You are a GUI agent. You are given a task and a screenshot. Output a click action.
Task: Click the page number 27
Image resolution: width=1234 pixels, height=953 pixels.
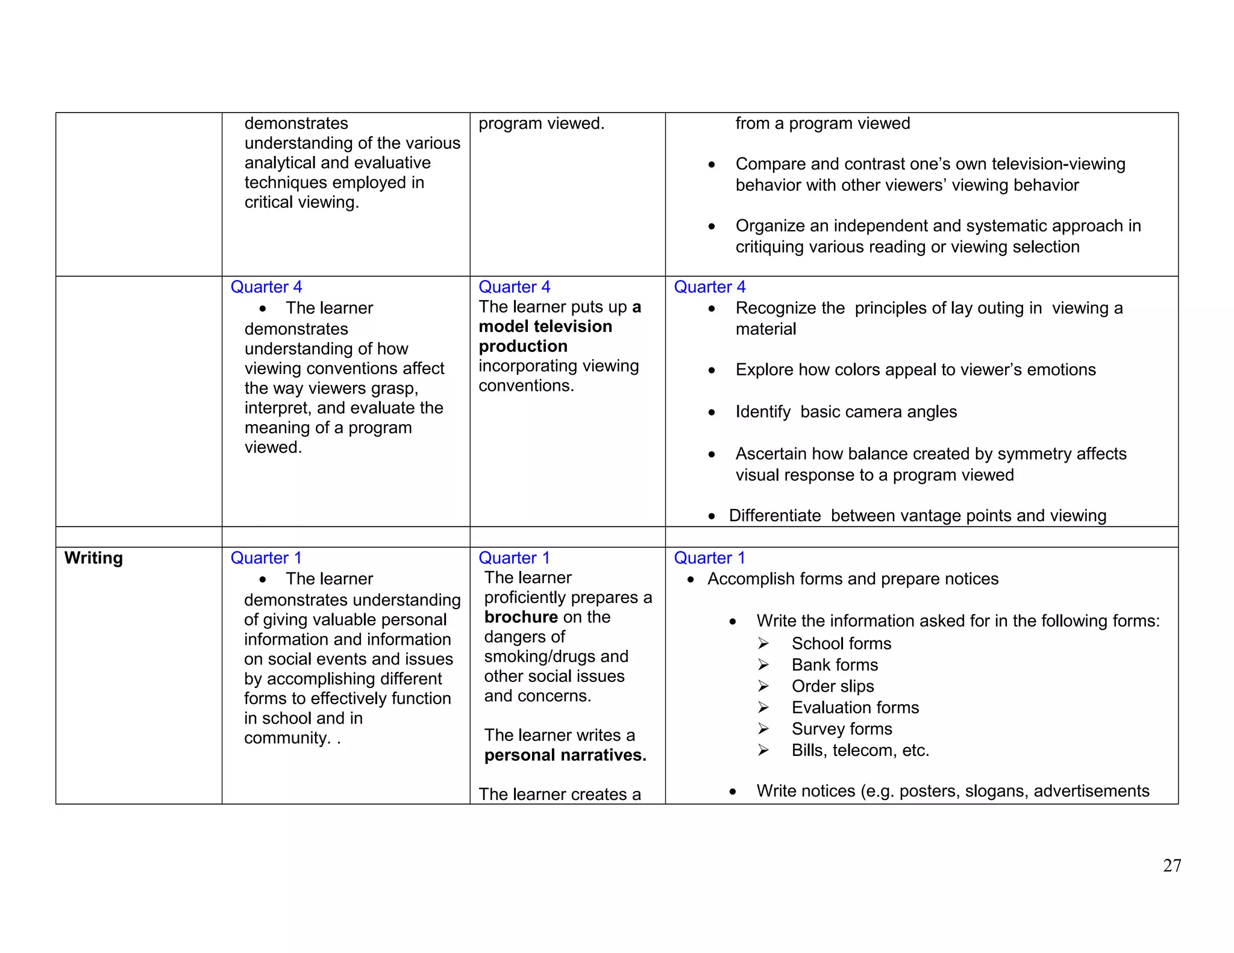coord(1171,866)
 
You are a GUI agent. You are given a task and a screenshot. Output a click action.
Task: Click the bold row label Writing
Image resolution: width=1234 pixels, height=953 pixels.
coord(93,558)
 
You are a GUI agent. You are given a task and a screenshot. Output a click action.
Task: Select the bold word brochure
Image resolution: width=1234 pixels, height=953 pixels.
coord(521,617)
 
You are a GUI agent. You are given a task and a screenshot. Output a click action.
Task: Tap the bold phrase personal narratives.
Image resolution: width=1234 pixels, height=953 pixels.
coord(565,755)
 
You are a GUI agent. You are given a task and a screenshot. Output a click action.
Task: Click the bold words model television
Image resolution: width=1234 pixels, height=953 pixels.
coord(545,327)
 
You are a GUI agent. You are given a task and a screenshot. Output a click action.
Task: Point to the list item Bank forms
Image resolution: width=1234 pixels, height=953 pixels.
coord(835,665)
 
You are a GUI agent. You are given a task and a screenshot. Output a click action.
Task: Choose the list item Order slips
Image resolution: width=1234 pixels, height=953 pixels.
coord(832,686)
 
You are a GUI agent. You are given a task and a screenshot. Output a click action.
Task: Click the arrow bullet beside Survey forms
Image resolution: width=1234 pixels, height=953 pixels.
coord(763,729)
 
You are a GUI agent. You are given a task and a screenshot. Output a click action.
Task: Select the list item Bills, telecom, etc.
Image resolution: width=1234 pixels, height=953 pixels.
coord(860,751)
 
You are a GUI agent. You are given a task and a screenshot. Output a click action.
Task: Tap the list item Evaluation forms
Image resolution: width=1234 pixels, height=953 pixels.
coord(855,708)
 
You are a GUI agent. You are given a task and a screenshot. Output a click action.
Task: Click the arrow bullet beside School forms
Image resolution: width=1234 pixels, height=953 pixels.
coord(763,643)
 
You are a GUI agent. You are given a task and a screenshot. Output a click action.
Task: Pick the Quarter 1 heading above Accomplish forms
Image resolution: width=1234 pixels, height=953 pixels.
coord(709,558)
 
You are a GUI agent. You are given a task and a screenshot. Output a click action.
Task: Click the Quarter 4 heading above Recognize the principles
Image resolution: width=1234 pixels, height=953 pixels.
coord(709,287)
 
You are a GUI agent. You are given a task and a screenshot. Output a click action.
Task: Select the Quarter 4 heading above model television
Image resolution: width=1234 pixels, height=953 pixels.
coord(514,287)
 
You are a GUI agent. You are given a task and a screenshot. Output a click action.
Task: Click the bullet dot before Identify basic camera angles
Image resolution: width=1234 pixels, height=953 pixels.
coord(712,413)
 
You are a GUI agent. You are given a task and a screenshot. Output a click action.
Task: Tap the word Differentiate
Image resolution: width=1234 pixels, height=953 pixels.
coord(774,516)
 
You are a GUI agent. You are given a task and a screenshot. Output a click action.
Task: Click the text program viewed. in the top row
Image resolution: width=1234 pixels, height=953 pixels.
coord(540,123)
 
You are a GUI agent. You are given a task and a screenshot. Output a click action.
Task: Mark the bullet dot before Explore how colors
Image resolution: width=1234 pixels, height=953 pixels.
coord(712,370)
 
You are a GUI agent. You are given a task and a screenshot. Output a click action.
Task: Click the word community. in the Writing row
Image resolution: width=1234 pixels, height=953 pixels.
coord(287,738)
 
